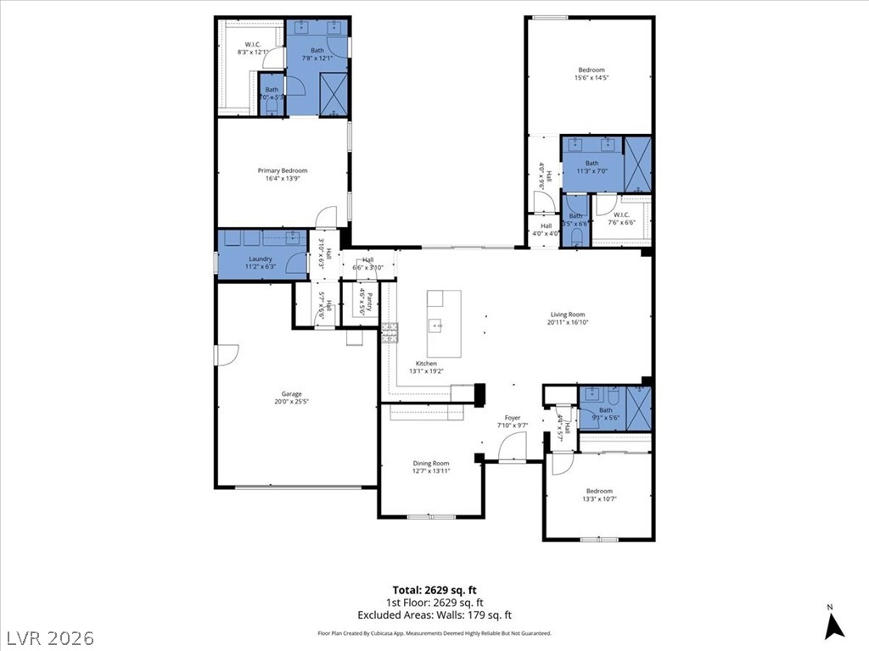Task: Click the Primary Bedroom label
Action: point(283,170)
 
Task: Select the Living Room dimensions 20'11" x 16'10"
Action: point(568,322)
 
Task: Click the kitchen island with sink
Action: point(444,323)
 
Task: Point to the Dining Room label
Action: point(431,464)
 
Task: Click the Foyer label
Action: point(513,418)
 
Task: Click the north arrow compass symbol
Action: point(834,624)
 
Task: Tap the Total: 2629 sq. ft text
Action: point(434,590)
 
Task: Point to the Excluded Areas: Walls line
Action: point(434,615)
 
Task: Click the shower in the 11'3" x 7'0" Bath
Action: point(637,163)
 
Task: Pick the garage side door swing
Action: point(227,355)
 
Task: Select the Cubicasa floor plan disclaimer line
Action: point(434,633)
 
